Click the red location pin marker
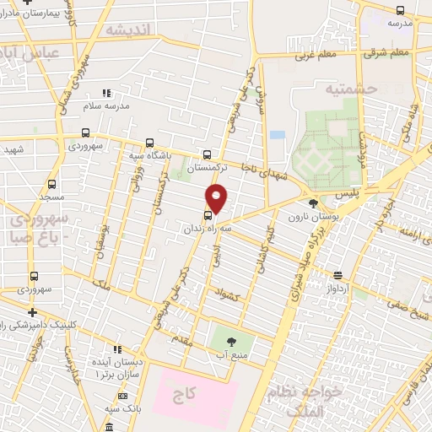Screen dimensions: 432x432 click(217, 197)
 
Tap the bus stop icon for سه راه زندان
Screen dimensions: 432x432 click(208, 214)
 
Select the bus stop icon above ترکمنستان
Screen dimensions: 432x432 click(208, 154)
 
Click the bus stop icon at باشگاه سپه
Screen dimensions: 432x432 click(149, 143)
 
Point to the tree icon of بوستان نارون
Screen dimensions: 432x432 click(314, 202)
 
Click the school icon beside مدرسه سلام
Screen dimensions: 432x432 click(106, 93)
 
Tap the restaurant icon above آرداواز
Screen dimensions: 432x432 click(337, 275)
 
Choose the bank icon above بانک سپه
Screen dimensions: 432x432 click(122, 396)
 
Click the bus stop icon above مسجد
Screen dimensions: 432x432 click(52, 184)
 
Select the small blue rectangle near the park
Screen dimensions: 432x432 click(277, 134)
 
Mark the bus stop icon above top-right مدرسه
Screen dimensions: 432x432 click(400, 10)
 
